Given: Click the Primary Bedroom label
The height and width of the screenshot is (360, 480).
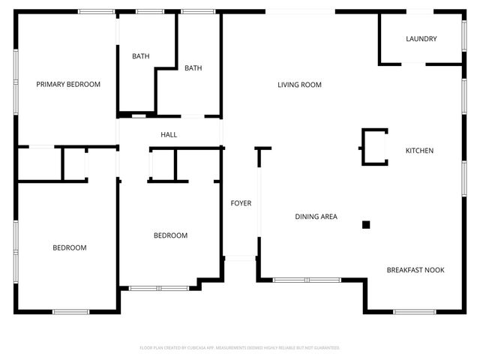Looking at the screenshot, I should pyautogui.click(x=68, y=85).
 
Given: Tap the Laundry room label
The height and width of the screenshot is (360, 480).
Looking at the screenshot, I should pyautogui.click(x=421, y=39).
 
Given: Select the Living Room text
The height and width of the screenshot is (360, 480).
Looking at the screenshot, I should pyautogui.click(x=299, y=85).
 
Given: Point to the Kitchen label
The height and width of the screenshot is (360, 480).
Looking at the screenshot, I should pyautogui.click(x=419, y=151).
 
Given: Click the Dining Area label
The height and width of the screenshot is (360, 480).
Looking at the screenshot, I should pyautogui.click(x=316, y=217).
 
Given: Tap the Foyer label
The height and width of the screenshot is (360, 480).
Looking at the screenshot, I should pyautogui.click(x=241, y=203).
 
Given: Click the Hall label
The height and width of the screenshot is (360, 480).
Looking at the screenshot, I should pyautogui.click(x=169, y=135).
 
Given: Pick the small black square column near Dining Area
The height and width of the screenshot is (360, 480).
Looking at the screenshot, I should pyautogui.click(x=366, y=224).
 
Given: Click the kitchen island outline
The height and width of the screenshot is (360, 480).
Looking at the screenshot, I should pyautogui.click(x=375, y=147).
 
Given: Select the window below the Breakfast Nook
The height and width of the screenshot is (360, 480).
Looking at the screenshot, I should pyautogui.click(x=415, y=311).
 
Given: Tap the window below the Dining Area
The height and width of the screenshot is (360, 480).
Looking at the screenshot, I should pyautogui.click(x=306, y=280).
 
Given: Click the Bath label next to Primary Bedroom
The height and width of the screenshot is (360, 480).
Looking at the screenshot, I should pyautogui.click(x=141, y=56).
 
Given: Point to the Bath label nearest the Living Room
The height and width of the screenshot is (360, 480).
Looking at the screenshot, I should pyautogui.click(x=193, y=68).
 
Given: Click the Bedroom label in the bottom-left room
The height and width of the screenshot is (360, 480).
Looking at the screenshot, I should pyautogui.click(x=69, y=247).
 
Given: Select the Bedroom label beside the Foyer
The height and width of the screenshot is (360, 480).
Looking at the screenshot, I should pyautogui.click(x=170, y=235).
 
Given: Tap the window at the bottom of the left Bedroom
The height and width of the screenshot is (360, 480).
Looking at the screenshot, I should pyautogui.click(x=70, y=311).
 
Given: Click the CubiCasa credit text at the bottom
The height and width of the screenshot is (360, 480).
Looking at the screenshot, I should pyautogui.click(x=240, y=348).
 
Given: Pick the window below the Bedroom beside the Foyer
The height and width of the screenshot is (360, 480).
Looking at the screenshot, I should pyautogui.click(x=159, y=288).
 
